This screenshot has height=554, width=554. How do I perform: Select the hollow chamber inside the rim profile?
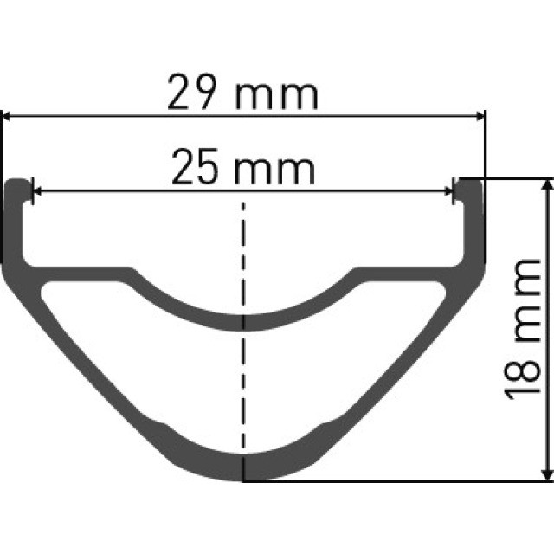click(x=243, y=381)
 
